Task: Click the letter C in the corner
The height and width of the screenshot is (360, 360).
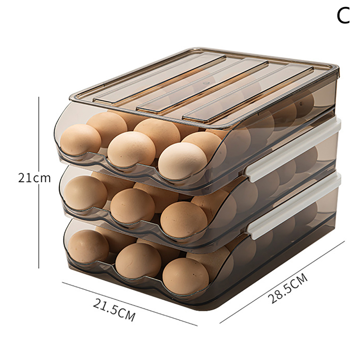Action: (343, 16)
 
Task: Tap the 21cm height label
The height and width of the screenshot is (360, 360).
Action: (35, 178)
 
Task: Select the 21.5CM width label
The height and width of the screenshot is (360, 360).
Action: (114, 310)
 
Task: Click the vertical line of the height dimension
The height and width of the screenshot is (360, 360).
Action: (39, 182)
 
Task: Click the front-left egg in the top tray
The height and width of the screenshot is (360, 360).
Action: (81, 139)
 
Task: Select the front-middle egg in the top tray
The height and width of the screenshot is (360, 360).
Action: (131, 149)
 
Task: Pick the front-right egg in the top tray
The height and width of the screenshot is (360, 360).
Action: (183, 161)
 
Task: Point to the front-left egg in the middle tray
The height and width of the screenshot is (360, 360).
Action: (85, 193)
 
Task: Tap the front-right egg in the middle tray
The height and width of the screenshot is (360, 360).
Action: (184, 219)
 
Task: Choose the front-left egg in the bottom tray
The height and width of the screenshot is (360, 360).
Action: (88, 246)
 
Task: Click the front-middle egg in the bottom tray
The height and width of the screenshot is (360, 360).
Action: (138, 261)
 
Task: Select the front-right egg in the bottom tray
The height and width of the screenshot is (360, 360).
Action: (186, 276)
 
